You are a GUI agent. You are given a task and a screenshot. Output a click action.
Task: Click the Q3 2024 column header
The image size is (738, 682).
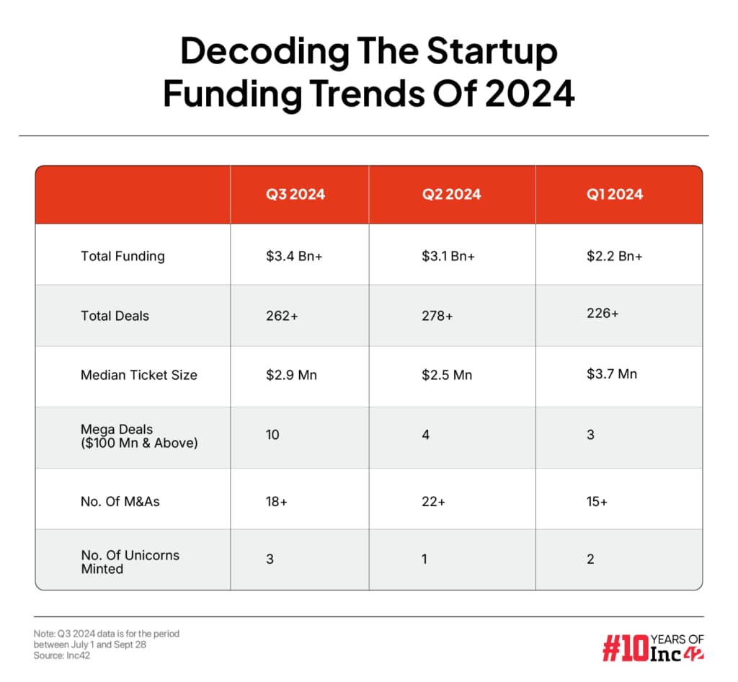[295, 194]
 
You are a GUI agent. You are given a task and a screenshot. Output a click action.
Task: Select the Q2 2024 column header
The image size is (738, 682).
[451, 194]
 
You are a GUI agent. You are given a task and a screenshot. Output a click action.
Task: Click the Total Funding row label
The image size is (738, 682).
[123, 256]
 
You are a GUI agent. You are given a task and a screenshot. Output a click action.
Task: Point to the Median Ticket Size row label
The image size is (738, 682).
[139, 375]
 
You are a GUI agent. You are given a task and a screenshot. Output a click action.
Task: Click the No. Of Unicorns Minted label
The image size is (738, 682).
[130, 562]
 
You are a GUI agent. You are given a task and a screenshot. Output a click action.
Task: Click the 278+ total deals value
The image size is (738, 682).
[437, 316]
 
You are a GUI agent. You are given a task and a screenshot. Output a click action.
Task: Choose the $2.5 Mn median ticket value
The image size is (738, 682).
[448, 375]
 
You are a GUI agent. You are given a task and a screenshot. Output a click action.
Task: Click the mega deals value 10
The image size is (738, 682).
[272, 435]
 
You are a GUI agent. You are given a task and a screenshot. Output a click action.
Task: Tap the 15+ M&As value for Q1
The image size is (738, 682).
[597, 501]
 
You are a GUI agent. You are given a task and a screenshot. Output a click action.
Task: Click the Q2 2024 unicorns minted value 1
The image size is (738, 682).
[424, 559]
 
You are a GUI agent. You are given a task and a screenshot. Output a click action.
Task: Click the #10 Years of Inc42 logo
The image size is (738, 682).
[653, 647]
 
